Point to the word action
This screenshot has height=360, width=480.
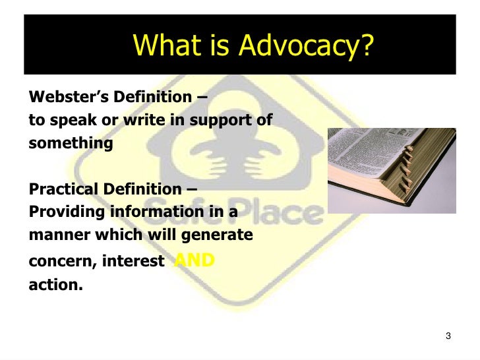point(55,286)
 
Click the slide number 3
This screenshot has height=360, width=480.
point(448,337)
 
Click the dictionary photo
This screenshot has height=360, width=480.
point(392,170)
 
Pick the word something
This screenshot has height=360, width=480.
point(71,143)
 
